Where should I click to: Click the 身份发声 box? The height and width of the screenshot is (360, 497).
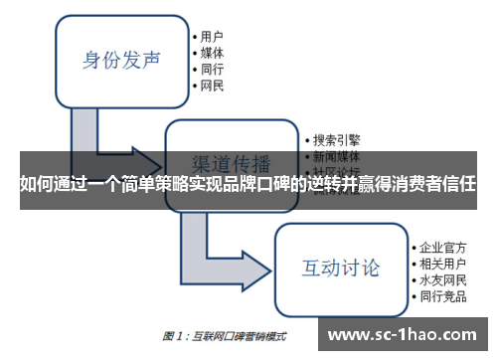121,60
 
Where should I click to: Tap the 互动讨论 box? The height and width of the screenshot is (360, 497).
341,267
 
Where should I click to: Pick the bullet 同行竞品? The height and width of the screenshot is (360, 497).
442,296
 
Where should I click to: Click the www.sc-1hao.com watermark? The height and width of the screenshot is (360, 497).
406,334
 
